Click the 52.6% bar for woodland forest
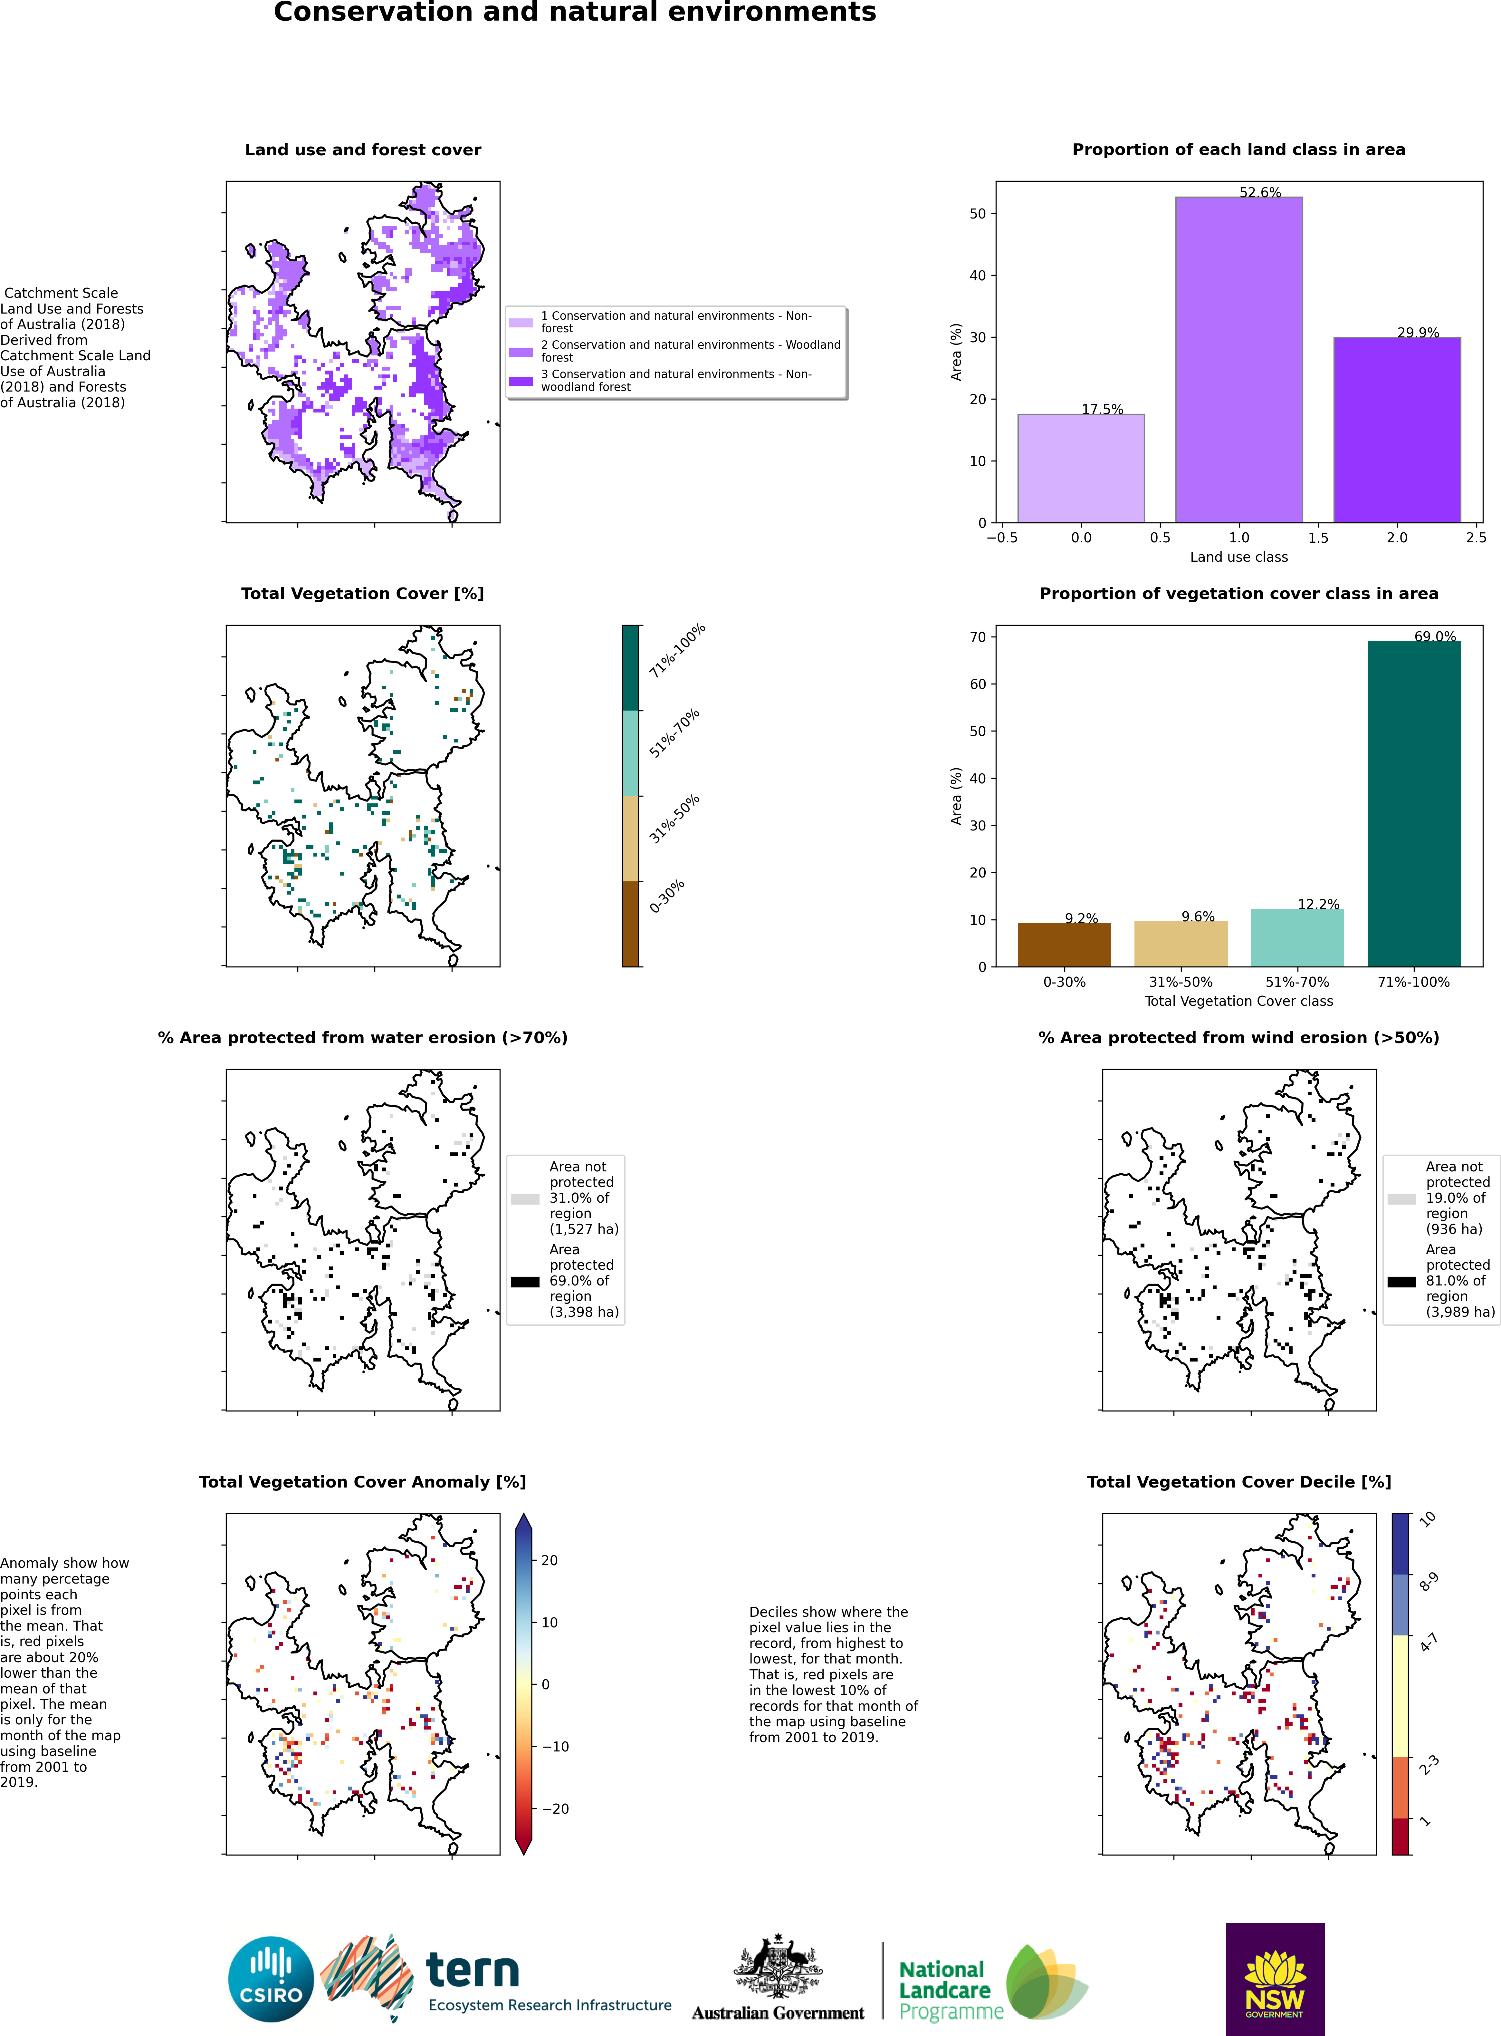(1238, 360)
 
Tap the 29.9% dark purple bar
(1397, 430)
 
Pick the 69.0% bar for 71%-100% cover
(1414, 803)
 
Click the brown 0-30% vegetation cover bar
(1064, 945)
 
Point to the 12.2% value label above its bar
(1318, 904)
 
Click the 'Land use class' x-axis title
(1238, 557)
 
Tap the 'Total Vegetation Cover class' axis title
(1238, 1001)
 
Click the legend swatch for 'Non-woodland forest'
(521, 381)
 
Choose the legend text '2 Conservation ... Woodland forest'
(691, 351)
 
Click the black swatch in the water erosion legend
(525, 1282)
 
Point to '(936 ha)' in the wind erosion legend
(1454, 1229)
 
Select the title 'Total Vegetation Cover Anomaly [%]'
(363, 1481)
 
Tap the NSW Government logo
(1275, 1979)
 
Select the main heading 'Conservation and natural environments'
(575, 13)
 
